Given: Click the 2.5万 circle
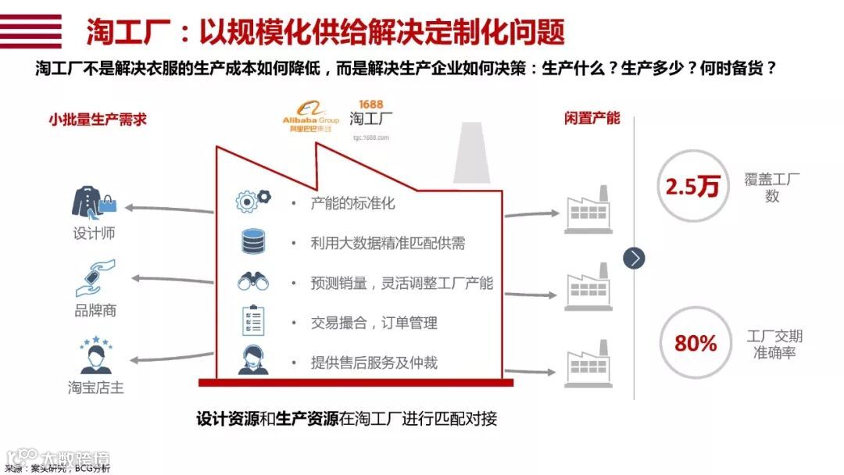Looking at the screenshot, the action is click(x=692, y=187).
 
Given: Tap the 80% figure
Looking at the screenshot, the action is click(x=696, y=343).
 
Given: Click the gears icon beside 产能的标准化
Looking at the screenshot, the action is click(x=253, y=202).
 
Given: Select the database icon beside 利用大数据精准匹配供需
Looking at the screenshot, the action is click(x=253, y=241).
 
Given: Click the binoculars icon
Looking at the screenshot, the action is click(x=253, y=281).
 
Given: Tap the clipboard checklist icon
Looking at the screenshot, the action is click(x=253, y=321).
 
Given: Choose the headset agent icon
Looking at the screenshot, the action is click(x=253, y=361).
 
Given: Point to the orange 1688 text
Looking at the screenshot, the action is click(x=370, y=104).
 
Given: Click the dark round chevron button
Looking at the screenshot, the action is click(x=634, y=258).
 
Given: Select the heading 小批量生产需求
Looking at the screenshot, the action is click(x=97, y=120).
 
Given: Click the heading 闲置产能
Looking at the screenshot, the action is click(x=592, y=118).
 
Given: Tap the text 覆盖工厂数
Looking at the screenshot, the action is click(x=772, y=187).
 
